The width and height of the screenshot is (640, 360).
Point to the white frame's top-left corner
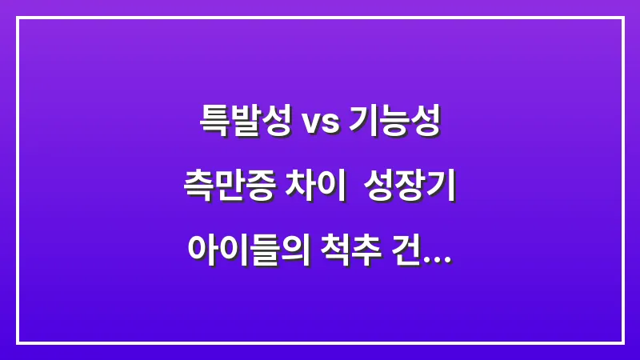pos(18,18)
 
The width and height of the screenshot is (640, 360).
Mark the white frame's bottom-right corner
pos(622,342)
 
